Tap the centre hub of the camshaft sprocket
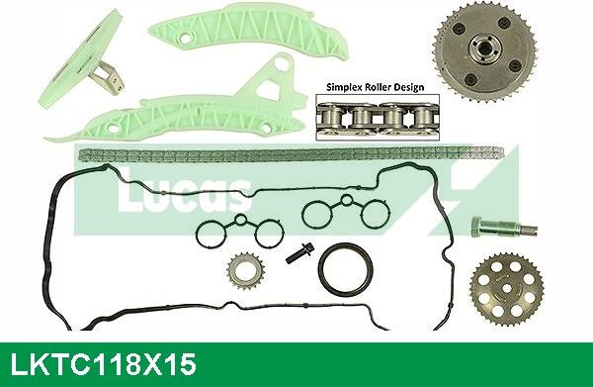click(484, 47)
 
